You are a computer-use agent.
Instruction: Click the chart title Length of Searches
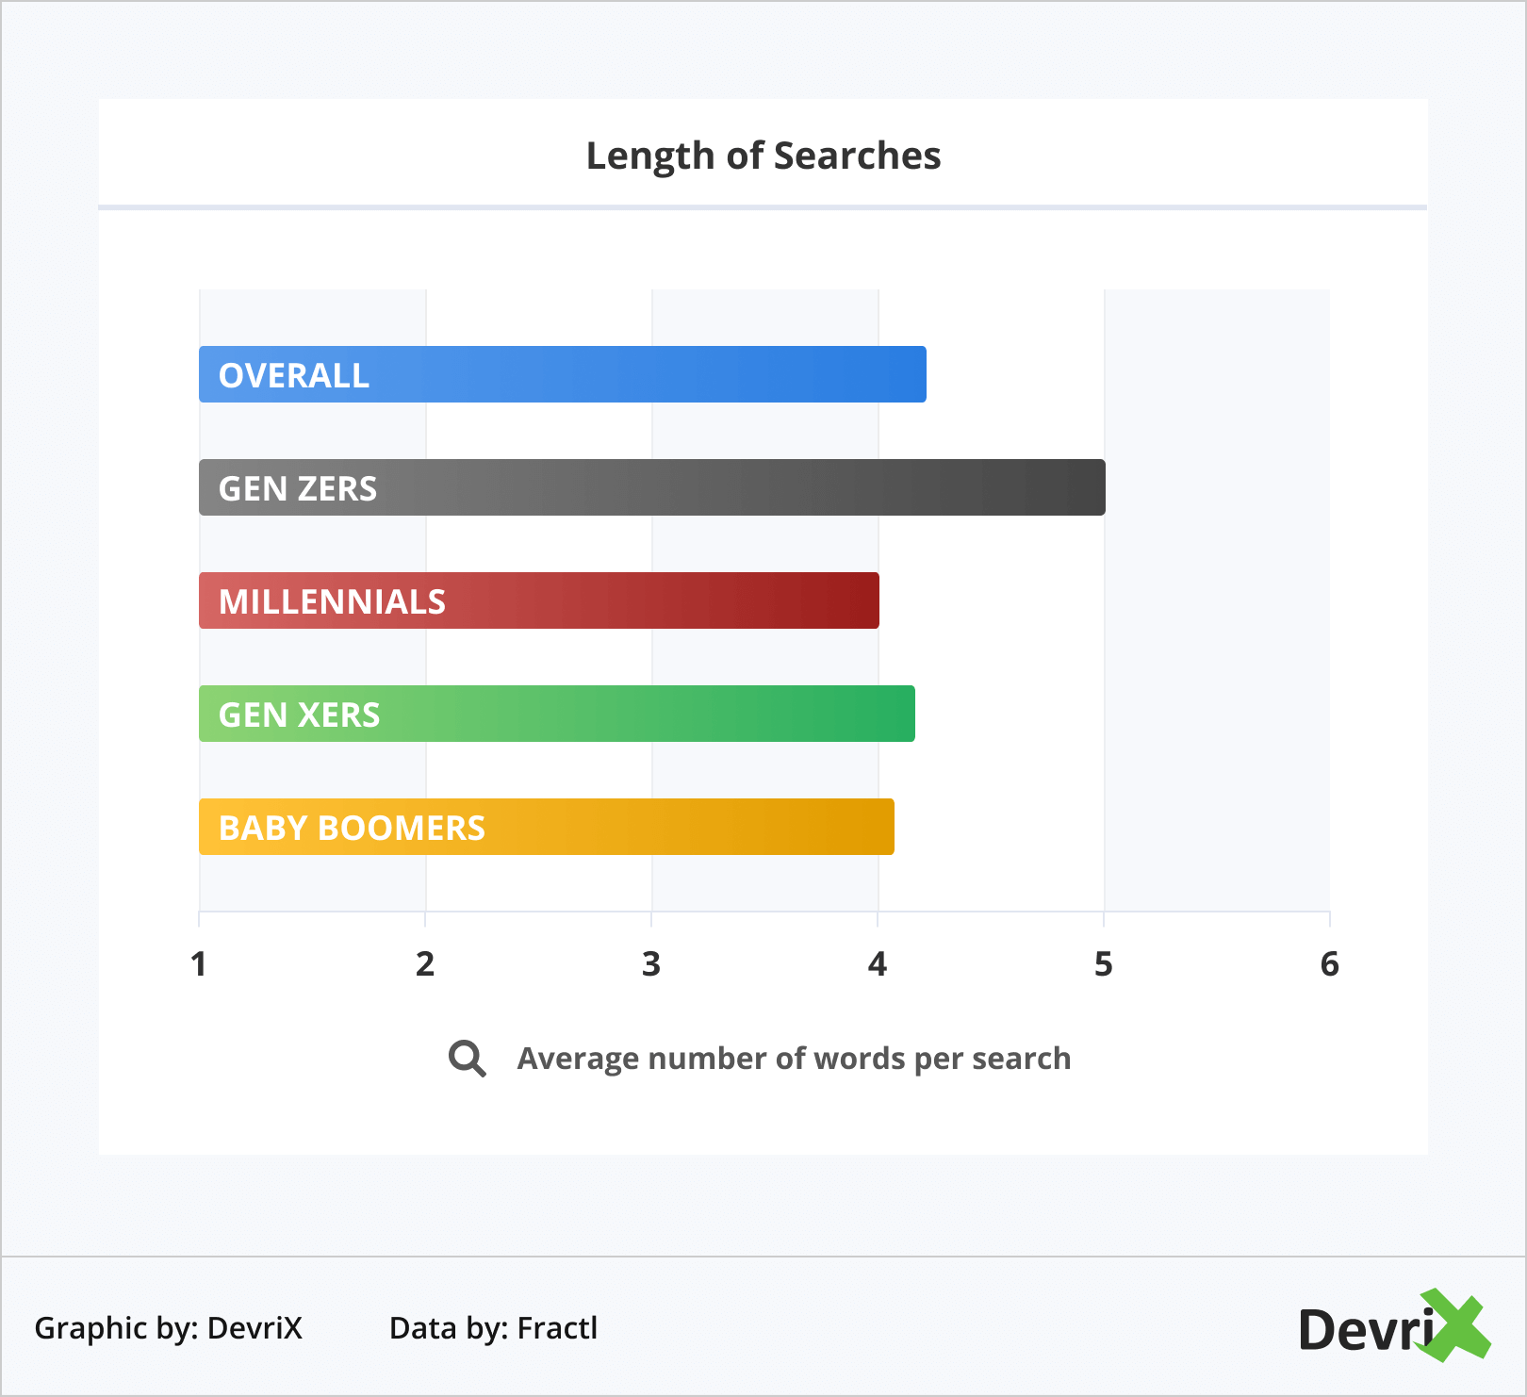[763, 156]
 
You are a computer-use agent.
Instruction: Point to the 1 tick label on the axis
[199, 964]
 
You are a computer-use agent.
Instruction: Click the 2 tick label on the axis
[425, 964]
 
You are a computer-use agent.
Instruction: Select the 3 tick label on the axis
[651, 964]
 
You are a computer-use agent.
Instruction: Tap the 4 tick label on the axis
[878, 964]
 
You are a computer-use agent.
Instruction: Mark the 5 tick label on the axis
[1104, 964]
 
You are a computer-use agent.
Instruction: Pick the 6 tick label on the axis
[1330, 964]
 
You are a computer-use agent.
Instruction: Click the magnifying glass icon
[467, 1059]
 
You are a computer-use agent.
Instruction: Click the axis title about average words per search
[794, 1059]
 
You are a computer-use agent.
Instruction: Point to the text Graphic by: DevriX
[169, 1328]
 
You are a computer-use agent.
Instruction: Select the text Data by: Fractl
[493, 1328]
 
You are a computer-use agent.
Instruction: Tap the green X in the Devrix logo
[1455, 1325]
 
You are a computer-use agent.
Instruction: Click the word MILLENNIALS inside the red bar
[332, 601]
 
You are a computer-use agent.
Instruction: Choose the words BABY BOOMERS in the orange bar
[352, 828]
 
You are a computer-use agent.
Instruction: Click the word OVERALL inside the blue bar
[294, 375]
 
